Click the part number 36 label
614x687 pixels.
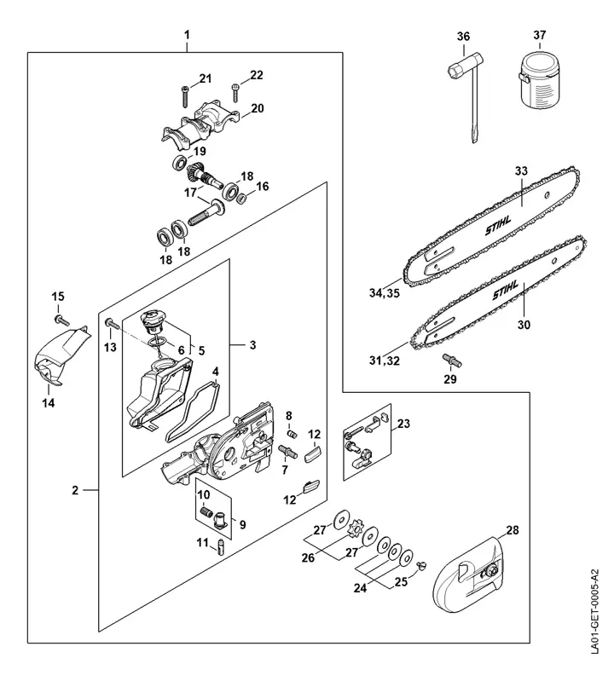pyautogui.click(x=463, y=37)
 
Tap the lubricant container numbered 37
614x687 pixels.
pyautogui.click(x=540, y=80)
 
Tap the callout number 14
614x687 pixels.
pyautogui.click(x=49, y=402)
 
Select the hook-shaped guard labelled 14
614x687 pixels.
pyautogui.click(x=61, y=357)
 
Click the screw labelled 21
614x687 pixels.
pyautogui.click(x=185, y=95)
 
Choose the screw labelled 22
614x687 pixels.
pyautogui.click(x=235, y=92)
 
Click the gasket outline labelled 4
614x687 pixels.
pyautogui.click(x=192, y=411)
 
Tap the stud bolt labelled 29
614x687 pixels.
pyautogui.click(x=452, y=360)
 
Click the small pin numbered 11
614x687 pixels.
pyautogui.click(x=221, y=548)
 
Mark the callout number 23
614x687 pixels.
pyautogui.click(x=403, y=424)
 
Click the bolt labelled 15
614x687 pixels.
pyautogui.click(x=61, y=320)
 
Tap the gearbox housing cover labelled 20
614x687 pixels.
pyautogui.click(x=200, y=123)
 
